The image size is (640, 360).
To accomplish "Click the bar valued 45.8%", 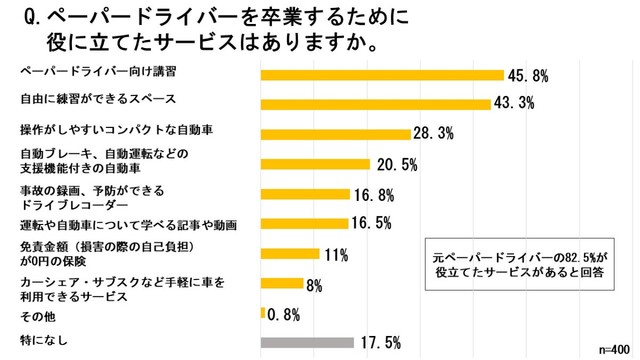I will tap(381, 74).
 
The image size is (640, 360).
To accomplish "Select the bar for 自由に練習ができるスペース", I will tap(375, 104).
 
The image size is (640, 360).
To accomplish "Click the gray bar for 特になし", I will tap(307, 342).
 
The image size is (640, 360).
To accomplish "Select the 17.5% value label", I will tap(380, 342).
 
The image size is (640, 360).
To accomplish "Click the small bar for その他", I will tap(262, 312).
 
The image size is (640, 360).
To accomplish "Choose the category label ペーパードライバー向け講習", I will tap(85, 73).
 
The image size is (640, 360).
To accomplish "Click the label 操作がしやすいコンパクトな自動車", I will tap(116, 131).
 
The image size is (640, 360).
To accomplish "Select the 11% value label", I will tap(336, 253).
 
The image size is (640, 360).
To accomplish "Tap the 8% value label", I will tap(313, 285).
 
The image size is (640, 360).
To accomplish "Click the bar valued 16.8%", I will tap(304, 194).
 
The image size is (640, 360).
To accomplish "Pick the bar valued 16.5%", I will tap(303, 223).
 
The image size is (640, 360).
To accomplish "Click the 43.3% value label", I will tap(518, 103).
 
